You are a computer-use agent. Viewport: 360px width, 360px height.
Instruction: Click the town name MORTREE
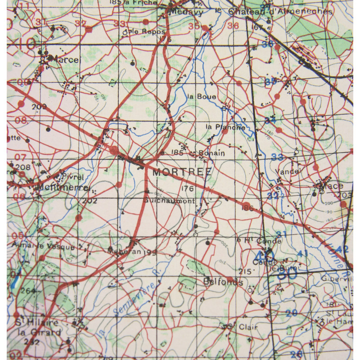click(x=176, y=172)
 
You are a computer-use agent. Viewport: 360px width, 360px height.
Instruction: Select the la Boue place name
click(x=202, y=97)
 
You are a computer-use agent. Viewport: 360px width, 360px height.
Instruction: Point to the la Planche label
click(x=225, y=127)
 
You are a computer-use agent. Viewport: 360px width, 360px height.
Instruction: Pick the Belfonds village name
click(x=223, y=283)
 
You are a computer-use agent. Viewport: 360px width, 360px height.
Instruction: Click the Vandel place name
click(x=290, y=171)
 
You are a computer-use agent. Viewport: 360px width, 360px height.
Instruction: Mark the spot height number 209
click(x=40, y=107)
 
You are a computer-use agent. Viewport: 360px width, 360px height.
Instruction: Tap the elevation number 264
click(x=28, y=291)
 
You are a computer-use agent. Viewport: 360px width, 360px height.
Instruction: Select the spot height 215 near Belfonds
click(x=244, y=271)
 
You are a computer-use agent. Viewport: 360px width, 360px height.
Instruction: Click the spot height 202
click(x=90, y=201)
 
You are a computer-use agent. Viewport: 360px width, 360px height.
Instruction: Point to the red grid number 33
click(x=119, y=23)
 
